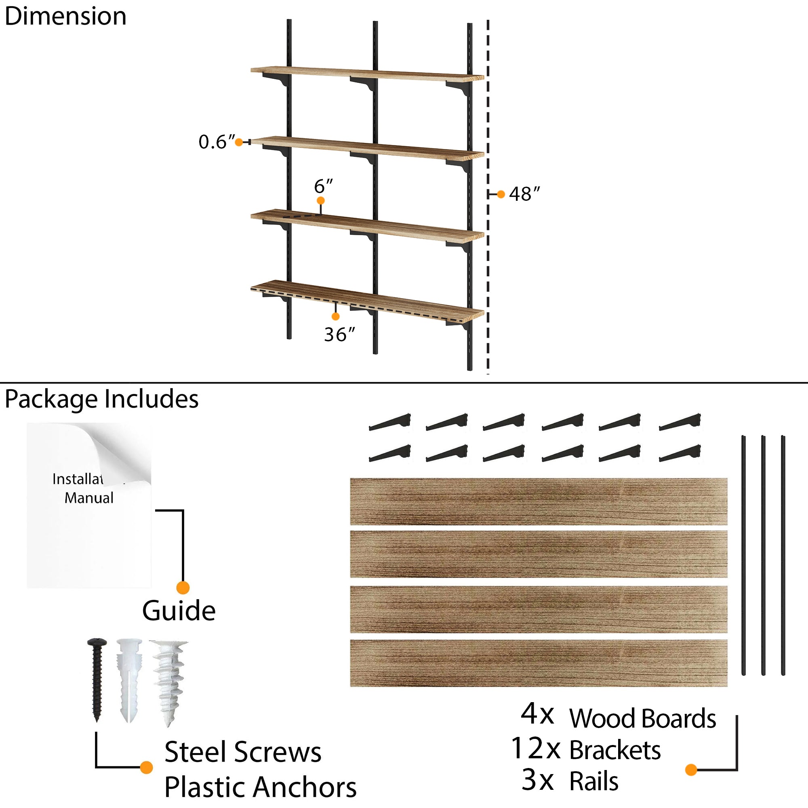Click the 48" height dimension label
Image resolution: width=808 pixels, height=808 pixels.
coord(524,194)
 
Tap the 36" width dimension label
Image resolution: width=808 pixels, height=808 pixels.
coord(339,335)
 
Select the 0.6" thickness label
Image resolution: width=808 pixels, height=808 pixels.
coord(216,142)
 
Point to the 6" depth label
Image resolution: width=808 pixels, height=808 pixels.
coord(323,186)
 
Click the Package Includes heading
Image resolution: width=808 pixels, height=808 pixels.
coord(101,399)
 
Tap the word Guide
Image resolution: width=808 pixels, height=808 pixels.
coord(179,611)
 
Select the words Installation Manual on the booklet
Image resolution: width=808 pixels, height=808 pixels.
coord(88,488)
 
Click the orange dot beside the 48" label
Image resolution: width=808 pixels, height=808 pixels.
coord(501,194)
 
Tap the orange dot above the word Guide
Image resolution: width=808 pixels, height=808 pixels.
coord(183,587)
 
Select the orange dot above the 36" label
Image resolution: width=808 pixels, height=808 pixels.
coord(335,317)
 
